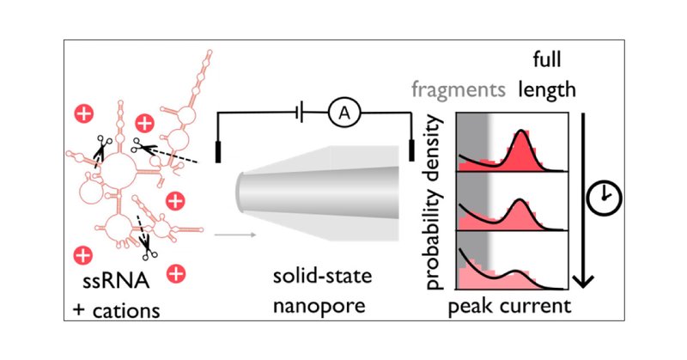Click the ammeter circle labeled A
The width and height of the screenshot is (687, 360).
pos(342,112)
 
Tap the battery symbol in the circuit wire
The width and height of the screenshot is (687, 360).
pos(297,112)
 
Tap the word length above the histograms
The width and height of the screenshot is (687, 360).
pos(547,91)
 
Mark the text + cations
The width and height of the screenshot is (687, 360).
pos(116,309)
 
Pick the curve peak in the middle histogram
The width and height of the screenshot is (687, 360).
pos(521,201)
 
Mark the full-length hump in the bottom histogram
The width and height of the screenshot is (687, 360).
pos(518,272)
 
